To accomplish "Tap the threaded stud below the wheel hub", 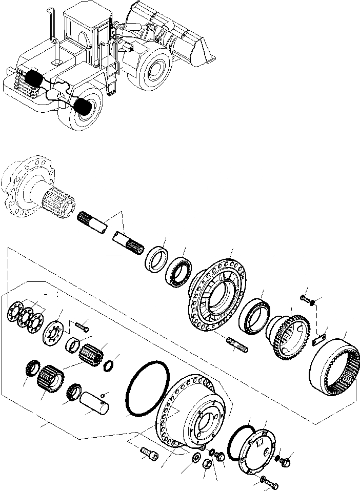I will point(236,344).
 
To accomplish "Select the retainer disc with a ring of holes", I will point(52,333).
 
